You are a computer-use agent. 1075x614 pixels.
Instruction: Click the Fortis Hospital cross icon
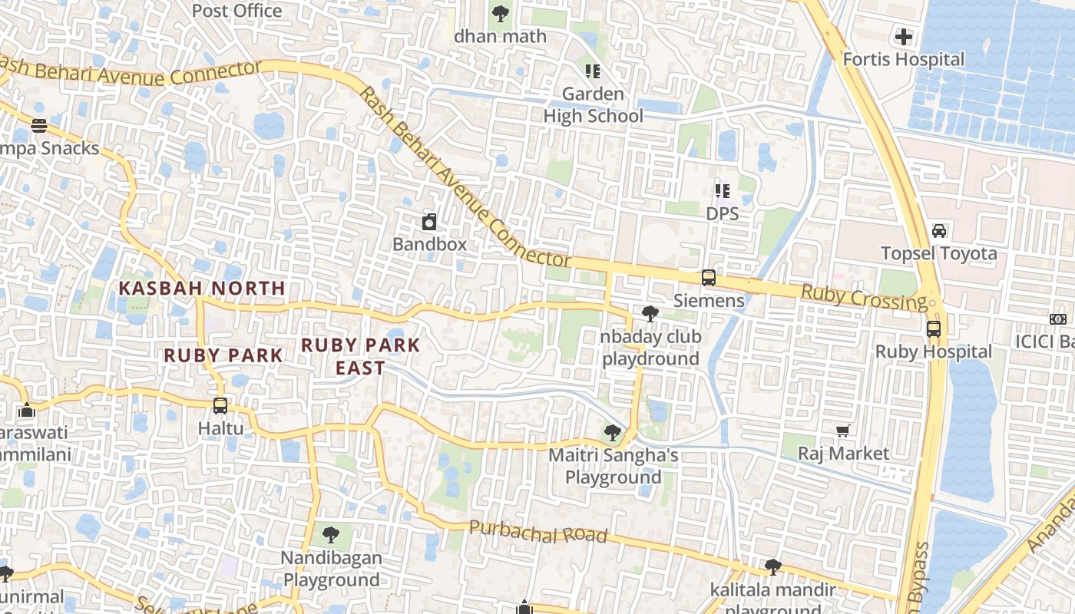coord(904,36)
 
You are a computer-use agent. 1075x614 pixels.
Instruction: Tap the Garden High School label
coord(594,105)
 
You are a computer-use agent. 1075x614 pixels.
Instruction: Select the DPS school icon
coord(722,190)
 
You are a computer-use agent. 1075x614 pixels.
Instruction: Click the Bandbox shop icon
coord(429,223)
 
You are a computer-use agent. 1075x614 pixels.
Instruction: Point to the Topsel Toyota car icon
coord(938,231)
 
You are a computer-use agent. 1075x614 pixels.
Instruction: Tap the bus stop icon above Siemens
coord(708,278)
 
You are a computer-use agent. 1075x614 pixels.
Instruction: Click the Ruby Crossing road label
coord(864,298)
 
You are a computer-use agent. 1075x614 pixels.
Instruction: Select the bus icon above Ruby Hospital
coord(934,329)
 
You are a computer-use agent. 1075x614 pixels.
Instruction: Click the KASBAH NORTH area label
coord(202,289)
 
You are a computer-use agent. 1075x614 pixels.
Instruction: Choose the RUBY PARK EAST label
coord(361,357)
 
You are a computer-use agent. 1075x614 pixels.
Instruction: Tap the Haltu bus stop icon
coord(220,405)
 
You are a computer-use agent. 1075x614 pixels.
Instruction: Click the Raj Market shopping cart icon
coord(843,431)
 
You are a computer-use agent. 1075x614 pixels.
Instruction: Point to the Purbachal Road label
coord(537,532)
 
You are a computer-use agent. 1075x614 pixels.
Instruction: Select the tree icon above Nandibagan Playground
coord(330,534)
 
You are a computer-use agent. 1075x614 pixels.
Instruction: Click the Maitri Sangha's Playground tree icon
coord(613,433)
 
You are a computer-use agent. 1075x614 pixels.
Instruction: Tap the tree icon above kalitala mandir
coord(772,567)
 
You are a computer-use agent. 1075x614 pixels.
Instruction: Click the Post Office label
coord(237,11)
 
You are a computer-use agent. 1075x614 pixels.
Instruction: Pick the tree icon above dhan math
coord(500,13)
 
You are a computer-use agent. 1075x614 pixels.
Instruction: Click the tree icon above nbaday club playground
coord(650,313)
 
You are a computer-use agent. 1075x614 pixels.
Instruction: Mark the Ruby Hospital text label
coord(934,352)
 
